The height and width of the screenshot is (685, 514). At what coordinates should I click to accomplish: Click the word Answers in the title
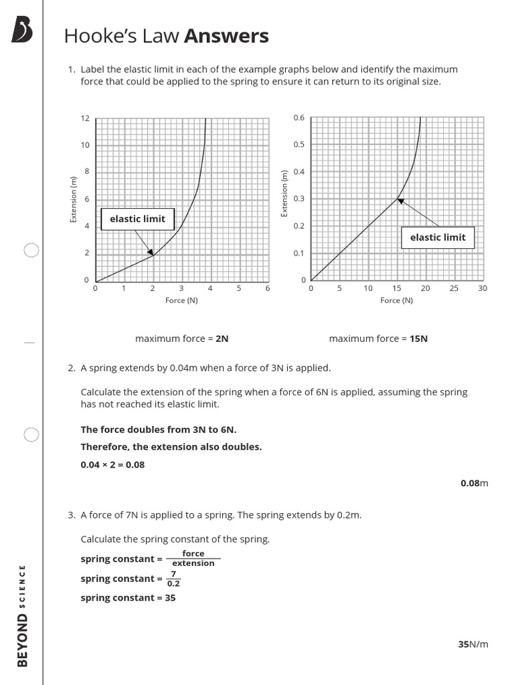coord(226,36)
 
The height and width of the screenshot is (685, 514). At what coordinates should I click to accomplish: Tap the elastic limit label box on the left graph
coord(133,219)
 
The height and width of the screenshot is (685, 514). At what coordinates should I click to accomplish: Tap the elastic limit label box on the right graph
coord(438,237)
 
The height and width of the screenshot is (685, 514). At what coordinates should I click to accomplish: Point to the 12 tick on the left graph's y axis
coord(85,118)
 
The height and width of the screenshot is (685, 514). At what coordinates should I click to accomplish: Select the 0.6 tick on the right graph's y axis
coord(298,118)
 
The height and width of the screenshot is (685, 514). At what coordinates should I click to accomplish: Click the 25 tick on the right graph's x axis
coord(454,288)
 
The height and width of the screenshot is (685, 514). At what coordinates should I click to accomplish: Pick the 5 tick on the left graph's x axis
coord(239,288)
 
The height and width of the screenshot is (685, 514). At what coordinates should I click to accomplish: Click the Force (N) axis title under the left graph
coord(181,300)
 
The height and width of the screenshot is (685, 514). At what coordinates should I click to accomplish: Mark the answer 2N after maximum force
coord(222,338)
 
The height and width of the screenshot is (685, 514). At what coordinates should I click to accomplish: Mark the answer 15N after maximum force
coord(418,338)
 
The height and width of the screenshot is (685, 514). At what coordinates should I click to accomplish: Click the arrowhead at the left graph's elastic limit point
coord(151,252)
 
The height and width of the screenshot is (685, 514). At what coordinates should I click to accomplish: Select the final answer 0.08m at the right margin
coord(474,483)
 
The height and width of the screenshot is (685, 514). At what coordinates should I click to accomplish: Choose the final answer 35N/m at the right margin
coord(473,644)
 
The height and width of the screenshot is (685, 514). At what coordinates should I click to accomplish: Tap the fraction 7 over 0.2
coord(173,579)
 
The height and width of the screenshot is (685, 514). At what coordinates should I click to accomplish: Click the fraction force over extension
coord(193,559)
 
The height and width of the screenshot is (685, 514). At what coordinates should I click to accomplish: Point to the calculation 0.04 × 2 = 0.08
coord(112,464)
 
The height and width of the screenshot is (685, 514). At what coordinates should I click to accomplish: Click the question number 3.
coord(71,515)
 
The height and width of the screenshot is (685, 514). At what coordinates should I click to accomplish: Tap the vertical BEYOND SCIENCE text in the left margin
coord(23,615)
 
